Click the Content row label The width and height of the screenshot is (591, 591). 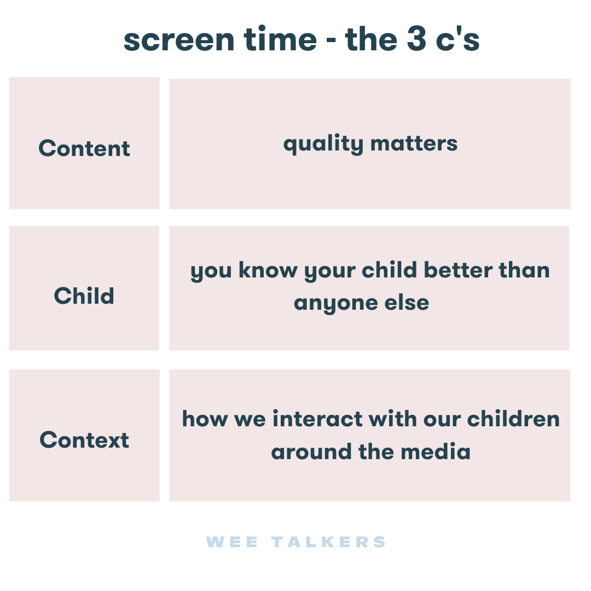click(84, 148)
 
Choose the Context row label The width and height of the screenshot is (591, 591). click(84, 440)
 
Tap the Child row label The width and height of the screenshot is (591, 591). click(84, 296)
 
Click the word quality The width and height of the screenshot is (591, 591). click(323, 144)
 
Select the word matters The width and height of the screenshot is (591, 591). click(414, 143)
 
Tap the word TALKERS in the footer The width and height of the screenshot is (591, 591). click(329, 542)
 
